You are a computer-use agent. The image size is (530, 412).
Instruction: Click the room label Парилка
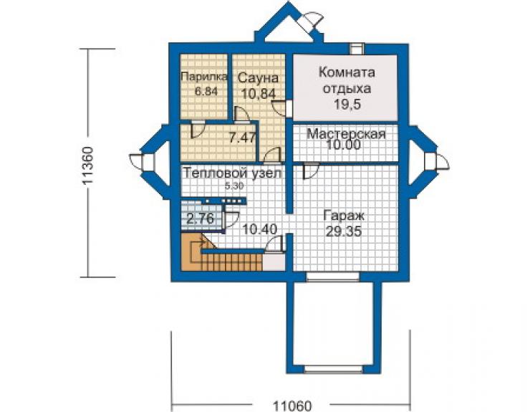pyautogui.click(x=204, y=77)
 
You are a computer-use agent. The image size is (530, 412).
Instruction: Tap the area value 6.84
pyautogui.click(x=206, y=91)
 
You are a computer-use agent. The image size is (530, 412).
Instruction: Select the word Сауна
pyautogui.click(x=259, y=78)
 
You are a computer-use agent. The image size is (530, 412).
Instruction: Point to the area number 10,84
pyautogui.click(x=259, y=94)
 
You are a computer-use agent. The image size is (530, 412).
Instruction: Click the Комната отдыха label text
pyautogui.click(x=347, y=80)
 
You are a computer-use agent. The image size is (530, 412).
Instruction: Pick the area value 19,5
pyautogui.click(x=347, y=104)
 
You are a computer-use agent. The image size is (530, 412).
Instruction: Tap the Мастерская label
pyautogui.click(x=346, y=133)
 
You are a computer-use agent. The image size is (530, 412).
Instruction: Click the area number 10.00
pyautogui.click(x=343, y=145)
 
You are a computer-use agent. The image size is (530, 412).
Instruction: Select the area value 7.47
pyautogui.click(x=242, y=138)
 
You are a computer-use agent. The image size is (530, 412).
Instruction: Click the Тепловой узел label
pyautogui.click(x=232, y=173)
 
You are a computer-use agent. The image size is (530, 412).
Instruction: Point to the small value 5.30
pyautogui.click(x=234, y=186)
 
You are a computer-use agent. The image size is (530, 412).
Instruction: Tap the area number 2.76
pyautogui.click(x=201, y=219)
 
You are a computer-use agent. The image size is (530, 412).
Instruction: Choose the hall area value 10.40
pyautogui.click(x=260, y=230)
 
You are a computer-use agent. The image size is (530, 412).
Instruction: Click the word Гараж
pyautogui.click(x=344, y=216)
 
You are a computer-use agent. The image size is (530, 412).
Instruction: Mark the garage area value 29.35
pyautogui.click(x=343, y=231)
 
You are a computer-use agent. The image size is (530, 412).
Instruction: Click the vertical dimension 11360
pyautogui.click(x=88, y=166)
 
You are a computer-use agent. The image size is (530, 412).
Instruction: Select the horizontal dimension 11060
pyautogui.click(x=292, y=406)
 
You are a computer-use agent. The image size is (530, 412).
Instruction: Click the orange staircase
pyautogui.click(x=221, y=259)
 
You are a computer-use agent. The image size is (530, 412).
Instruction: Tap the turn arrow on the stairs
pyautogui.click(x=198, y=251)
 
